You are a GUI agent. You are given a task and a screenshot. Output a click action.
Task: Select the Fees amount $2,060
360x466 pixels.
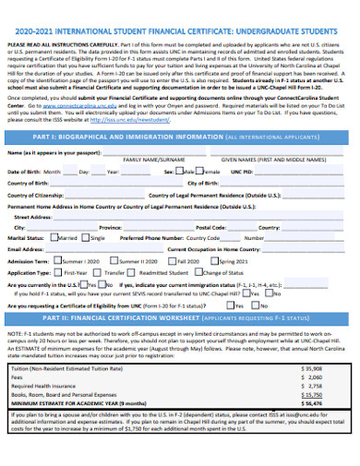[313, 377]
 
